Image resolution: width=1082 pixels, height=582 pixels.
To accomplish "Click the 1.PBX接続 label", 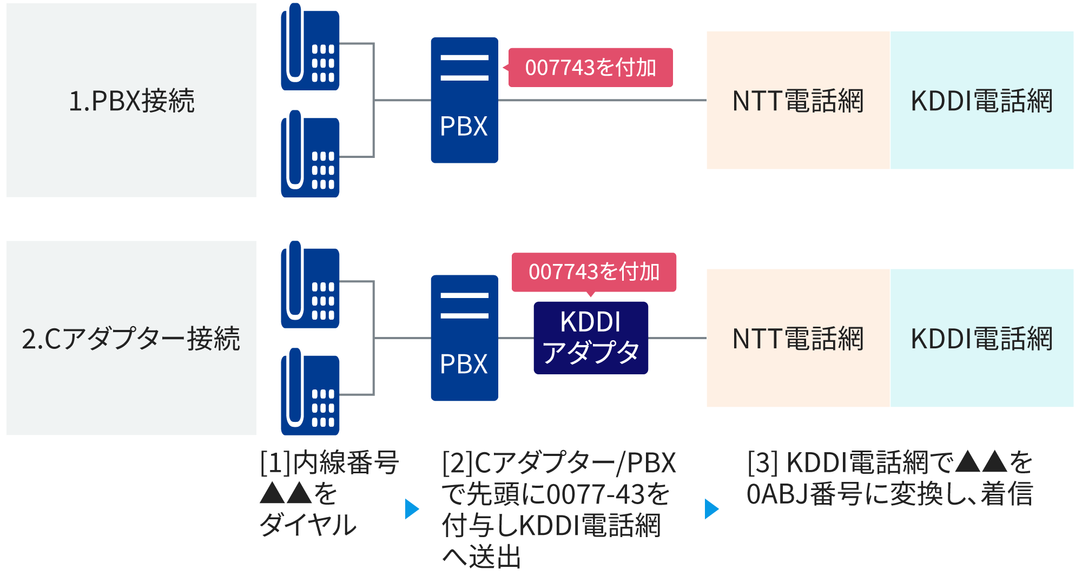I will (x=131, y=101).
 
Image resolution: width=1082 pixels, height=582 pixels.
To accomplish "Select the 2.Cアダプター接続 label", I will (x=131, y=339).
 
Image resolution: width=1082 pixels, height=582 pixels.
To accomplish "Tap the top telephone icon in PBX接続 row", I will (x=310, y=48).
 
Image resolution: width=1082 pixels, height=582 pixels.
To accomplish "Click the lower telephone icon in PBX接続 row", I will (x=310, y=155).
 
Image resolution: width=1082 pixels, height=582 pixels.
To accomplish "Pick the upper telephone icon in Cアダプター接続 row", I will (x=310, y=286).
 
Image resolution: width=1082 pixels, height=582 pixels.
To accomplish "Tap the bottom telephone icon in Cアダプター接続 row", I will (x=310, y=393).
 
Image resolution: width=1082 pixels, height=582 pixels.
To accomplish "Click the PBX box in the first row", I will (x=464, y=100).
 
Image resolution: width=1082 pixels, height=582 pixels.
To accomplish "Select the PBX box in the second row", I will (x=464, y=338).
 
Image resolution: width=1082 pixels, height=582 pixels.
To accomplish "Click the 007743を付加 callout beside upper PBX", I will (x=590, y=68).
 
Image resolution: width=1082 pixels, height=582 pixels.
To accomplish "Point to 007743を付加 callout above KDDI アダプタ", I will (x=594, y=272).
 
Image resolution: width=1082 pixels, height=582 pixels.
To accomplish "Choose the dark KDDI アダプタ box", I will (x=591, y=338).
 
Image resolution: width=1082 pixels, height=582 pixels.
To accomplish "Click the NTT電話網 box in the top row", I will (x=798, y=101).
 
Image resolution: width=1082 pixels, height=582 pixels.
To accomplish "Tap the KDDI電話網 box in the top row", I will (x=981, y=101).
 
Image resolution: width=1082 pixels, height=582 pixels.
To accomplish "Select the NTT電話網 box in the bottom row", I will (x=798, y=339).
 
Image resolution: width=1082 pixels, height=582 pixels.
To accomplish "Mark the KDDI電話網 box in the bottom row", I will (x=981, y=339).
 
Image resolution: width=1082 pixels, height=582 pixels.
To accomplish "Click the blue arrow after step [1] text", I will (x=412, y=509).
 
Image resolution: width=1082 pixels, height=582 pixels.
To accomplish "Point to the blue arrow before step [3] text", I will (x=711, y=509).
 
